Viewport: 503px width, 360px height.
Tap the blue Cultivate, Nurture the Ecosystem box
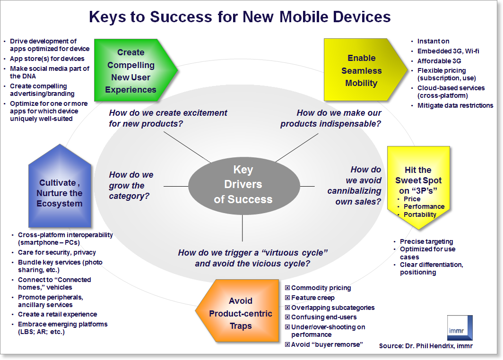point(61,193)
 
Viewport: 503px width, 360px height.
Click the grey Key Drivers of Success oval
point(243,185)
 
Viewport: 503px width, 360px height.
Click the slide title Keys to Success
point(240,17)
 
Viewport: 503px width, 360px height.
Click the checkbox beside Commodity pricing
point(287,288)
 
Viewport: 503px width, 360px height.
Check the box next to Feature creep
point(287,298)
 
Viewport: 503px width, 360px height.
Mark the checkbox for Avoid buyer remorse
point(287,344)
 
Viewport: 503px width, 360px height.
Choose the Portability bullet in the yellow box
point(420,214)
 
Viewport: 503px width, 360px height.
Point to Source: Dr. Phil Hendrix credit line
point(425,346)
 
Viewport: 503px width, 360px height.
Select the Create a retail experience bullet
point(57,314)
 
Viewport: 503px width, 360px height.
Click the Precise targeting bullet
point(426,241)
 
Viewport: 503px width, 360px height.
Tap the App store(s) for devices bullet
point(47,59)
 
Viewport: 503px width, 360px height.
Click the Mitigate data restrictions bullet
point(455,105)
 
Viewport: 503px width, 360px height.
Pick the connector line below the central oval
point(242,229)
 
